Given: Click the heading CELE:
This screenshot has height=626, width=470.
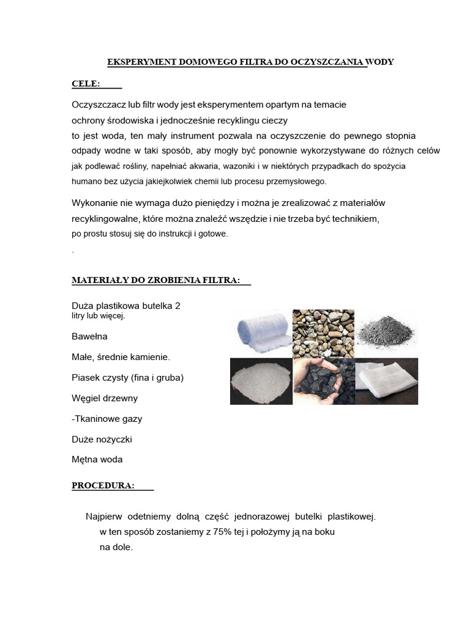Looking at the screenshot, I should [x=86, y=83].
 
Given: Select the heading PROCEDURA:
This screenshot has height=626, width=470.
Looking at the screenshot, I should [x=103, y=485].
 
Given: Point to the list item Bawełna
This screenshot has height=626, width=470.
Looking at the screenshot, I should [x=89, y=336].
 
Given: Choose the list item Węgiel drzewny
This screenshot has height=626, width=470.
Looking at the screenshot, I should [x=105, y=398].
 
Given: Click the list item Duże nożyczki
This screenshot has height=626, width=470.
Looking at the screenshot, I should [x=102, y=439].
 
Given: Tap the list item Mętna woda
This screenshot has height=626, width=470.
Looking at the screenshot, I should [x=97, y=460].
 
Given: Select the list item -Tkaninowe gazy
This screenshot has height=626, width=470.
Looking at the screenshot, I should [x=107, y=419].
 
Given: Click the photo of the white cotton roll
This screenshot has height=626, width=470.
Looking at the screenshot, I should [x=260, y=333].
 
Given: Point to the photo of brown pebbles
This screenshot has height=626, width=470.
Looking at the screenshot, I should [x=323, y=333].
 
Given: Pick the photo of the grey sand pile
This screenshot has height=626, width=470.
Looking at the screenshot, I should [x=387, y=333].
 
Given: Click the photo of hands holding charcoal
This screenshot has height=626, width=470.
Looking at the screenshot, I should [x=323, y=381].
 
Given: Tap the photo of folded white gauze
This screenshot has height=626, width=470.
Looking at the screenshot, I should [x=387, y=381].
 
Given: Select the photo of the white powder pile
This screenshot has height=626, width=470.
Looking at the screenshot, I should [x=260, y=381].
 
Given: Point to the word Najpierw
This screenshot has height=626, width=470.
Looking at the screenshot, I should [x=106, y=517].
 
